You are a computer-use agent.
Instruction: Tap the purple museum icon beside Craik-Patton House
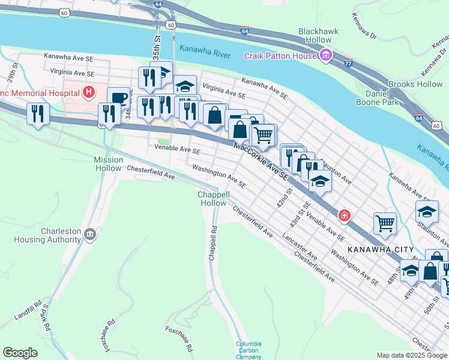[325, 56]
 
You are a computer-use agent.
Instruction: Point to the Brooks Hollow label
[415, 85]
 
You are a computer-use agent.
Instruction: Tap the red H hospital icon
[89, 92]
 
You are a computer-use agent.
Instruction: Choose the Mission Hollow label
[109, 164]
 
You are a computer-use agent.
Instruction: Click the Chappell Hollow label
[213, 199]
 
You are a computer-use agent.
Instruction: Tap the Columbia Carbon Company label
[249, 350]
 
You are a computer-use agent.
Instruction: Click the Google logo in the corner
[20, 352]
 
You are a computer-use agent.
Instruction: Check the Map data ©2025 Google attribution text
[412, 355]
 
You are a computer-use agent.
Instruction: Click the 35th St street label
[157, 46]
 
